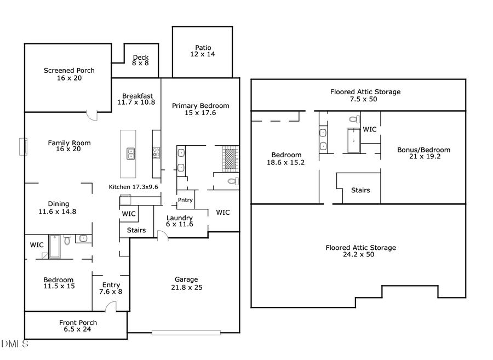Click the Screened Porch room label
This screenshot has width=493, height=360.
69,74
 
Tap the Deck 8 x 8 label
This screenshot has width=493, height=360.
140,60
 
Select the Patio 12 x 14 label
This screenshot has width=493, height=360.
203,51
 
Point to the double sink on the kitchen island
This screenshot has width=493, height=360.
131,153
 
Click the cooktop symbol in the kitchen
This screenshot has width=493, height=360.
156,153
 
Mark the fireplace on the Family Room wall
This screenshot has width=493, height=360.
22,147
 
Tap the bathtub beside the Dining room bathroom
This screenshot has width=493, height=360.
55,246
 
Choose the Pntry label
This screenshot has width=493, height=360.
185,200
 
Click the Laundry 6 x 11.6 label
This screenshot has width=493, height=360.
180,221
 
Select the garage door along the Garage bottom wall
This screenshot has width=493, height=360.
186,332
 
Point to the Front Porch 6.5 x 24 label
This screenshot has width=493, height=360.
78,326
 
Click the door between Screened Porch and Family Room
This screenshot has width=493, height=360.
91,116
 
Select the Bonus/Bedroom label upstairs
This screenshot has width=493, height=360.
423,153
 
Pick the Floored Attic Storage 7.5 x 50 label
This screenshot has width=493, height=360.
365,95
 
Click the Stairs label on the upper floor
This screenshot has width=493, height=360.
360,190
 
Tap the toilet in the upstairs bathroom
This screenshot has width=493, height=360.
354,119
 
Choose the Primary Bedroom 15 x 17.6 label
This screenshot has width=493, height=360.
200,109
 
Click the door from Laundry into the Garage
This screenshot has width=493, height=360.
161,236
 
